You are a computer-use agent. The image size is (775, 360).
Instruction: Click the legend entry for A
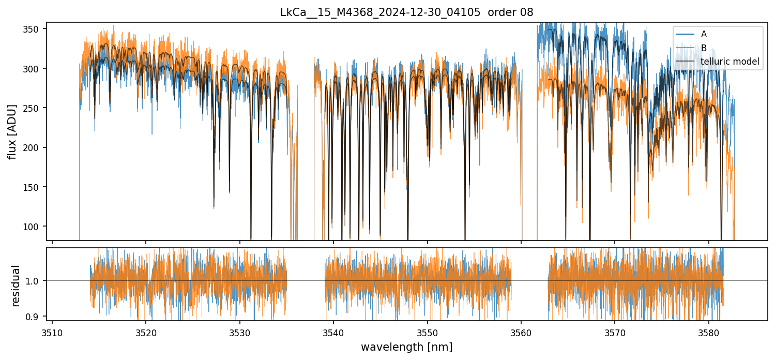click(704, 35)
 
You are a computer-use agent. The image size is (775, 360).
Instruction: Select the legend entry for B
click(704, 48)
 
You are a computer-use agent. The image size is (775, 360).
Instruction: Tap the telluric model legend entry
click(730, 62)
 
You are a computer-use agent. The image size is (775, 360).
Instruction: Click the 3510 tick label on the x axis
click(52, 332)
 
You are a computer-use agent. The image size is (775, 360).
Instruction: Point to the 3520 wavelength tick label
click(146, 332)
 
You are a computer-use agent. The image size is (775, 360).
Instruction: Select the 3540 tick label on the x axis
click(333, 332)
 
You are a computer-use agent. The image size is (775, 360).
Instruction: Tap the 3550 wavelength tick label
click(428, 332)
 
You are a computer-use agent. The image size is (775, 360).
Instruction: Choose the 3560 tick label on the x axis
click(521, 332)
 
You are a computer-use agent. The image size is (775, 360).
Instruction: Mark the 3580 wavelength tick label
click(708, 332)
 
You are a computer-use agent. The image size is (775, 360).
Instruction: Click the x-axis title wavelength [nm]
click(406, 347)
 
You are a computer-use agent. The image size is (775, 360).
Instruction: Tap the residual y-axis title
click(16, 286)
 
